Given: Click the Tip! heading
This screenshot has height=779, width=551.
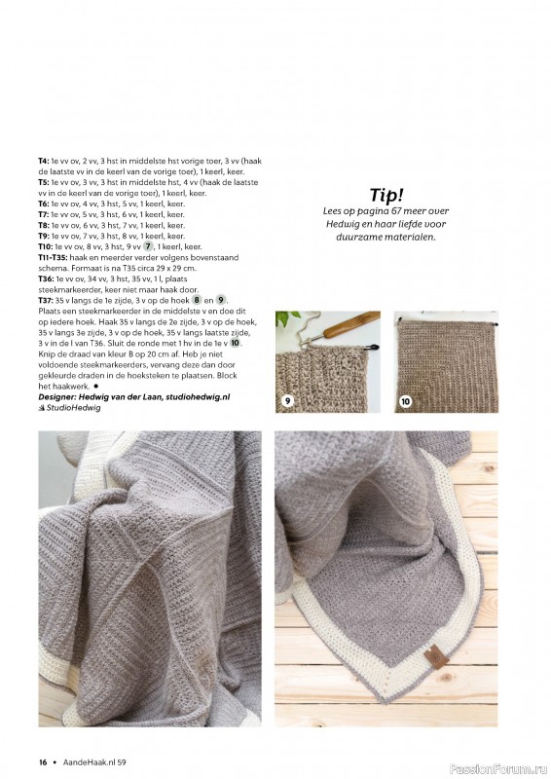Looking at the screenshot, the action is coord(386,195).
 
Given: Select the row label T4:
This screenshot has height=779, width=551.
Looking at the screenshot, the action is coord(43,161).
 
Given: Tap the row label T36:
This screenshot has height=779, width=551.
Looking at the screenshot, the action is coord(45,278).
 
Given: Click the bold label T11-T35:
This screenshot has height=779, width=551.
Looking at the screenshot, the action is coord(54,257).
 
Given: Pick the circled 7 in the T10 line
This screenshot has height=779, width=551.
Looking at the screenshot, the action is coord(148,246).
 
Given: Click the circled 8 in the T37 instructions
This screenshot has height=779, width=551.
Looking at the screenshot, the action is coord(198,300).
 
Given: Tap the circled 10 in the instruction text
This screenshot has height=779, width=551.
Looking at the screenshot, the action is coord(235,343).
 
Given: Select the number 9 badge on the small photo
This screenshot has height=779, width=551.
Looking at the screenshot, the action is coord(287,401).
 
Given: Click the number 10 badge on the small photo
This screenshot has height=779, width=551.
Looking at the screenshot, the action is coord(406,401).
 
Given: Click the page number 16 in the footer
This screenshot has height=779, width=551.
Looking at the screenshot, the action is coord(43,761).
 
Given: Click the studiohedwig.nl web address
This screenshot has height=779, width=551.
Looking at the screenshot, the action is coord(198,396).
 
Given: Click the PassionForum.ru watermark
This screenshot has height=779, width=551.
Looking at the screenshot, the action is coord(498,769).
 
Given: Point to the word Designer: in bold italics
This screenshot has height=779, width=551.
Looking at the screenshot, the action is coord(56,396).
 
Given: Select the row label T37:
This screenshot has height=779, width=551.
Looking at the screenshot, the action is coord(45,300).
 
